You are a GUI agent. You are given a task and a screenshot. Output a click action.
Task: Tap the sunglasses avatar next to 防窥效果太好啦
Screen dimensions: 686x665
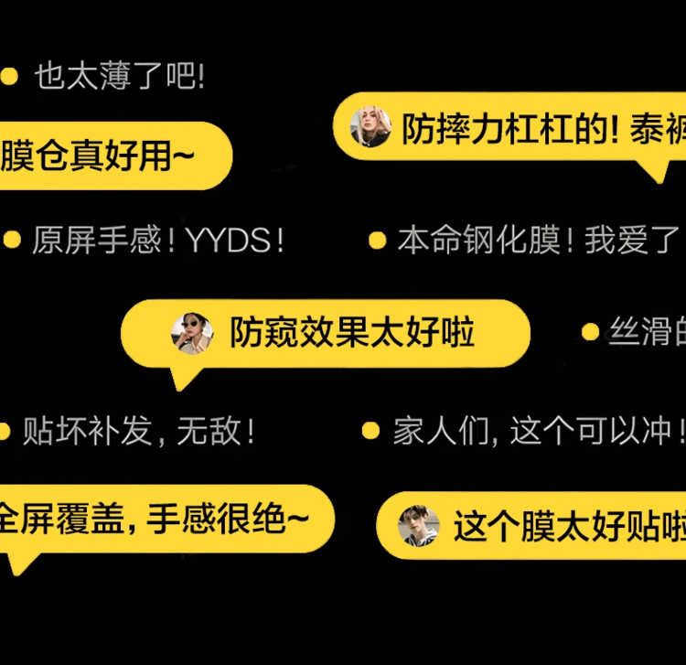tap(192, 333)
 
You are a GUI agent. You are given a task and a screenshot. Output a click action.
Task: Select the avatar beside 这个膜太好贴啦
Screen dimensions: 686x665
tap(420, 526)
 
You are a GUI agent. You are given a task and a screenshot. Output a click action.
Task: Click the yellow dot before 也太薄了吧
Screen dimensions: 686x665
tap(10, 77)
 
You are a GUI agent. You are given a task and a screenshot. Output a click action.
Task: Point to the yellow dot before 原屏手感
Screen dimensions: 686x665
tap(12, 241)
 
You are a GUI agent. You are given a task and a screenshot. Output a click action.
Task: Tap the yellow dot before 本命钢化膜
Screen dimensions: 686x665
tap(377, 241)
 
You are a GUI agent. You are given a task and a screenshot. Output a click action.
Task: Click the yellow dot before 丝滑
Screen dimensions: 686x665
tap(591, 332)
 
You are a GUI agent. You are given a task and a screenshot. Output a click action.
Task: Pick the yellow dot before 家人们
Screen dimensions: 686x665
tap(370, 430)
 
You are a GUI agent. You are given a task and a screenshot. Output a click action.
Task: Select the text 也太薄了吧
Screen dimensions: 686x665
tap(119, 77)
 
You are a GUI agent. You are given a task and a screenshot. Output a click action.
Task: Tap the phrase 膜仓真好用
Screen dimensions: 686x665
tap(96, 156)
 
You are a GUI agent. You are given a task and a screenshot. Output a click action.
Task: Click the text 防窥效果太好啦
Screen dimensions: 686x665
tap(352, 333)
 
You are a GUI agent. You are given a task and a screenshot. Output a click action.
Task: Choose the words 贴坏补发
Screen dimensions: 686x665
tap(87, 431)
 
